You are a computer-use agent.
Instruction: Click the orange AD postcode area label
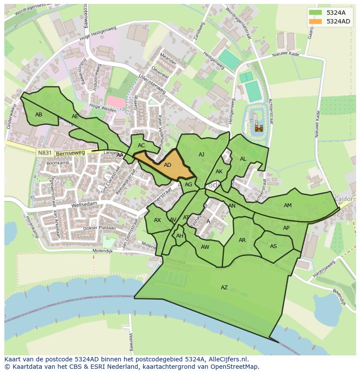point(167,165)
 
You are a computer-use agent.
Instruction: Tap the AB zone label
point(39,115)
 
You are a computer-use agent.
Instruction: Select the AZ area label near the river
point(224,288)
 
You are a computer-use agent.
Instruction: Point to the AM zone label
point(287,205)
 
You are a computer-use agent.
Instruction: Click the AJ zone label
point(201,155)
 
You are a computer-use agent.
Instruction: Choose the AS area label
point(273,246)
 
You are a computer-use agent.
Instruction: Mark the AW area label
point(205,247)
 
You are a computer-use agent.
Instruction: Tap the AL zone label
point(243,159)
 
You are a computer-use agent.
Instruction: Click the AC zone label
point(141,146)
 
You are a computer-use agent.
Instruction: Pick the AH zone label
point(180,236)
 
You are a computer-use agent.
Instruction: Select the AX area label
point(157,220)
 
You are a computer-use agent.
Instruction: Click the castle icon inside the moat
point(259,128)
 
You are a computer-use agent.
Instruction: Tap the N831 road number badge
point(44,153)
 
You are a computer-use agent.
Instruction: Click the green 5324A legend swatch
point(315,13)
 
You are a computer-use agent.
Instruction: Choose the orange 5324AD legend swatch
point(315,21)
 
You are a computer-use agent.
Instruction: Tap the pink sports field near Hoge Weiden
point(116,102)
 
